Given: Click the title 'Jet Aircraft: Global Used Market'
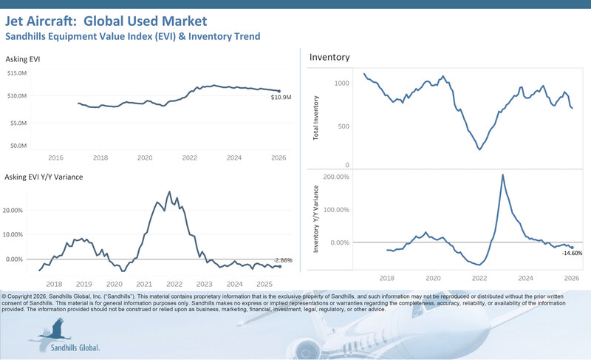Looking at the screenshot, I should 107,21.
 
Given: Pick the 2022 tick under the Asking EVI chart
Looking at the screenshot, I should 190,157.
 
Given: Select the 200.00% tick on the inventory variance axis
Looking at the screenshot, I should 334,177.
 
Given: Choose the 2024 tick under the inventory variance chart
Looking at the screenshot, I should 525,279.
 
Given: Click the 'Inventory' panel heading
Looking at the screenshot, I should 329,57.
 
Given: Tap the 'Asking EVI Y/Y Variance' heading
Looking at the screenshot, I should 44,177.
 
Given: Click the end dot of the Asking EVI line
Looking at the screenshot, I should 279,91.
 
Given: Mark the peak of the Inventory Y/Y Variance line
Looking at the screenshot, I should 503,175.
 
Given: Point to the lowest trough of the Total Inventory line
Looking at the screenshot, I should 479,149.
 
